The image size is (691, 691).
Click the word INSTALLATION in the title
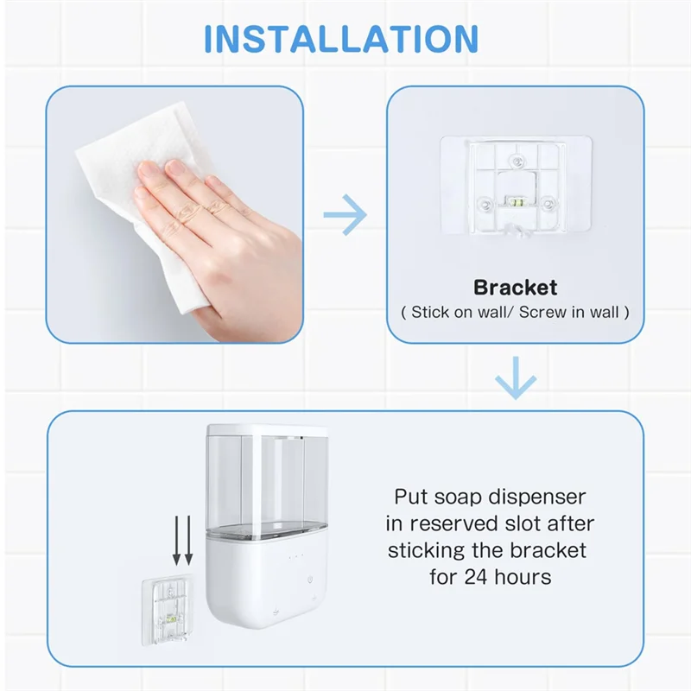pyautogui.click(x=340, y=40)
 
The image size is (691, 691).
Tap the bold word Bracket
pyautogui.click(x=515, y=288)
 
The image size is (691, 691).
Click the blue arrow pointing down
pyautogui.click(x=516, y=379)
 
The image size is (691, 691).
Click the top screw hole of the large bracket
pyautogui.click(x=516, y=161)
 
